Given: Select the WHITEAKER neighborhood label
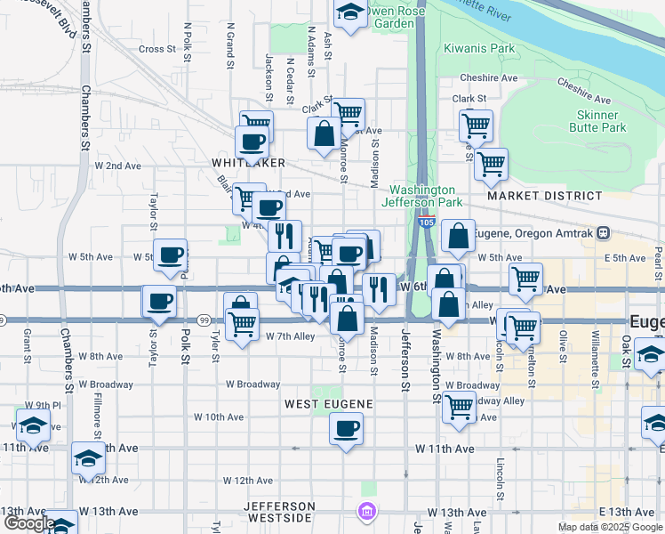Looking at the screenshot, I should tap(248, 163).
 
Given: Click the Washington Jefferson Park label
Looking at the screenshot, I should tap(422, 196).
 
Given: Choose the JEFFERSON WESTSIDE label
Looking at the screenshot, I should tap(278, 511).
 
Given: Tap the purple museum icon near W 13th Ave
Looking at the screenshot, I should tap(365, 512).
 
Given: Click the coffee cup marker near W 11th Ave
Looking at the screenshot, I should tap(346, 429).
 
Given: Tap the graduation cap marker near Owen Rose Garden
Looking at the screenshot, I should tap(350, 12).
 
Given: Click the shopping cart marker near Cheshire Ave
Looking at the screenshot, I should tap(477, 125).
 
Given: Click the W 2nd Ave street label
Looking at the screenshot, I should tap(118, 166).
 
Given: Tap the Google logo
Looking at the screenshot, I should tap(29, 523).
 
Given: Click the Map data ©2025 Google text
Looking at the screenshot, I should tap(610, 527).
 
